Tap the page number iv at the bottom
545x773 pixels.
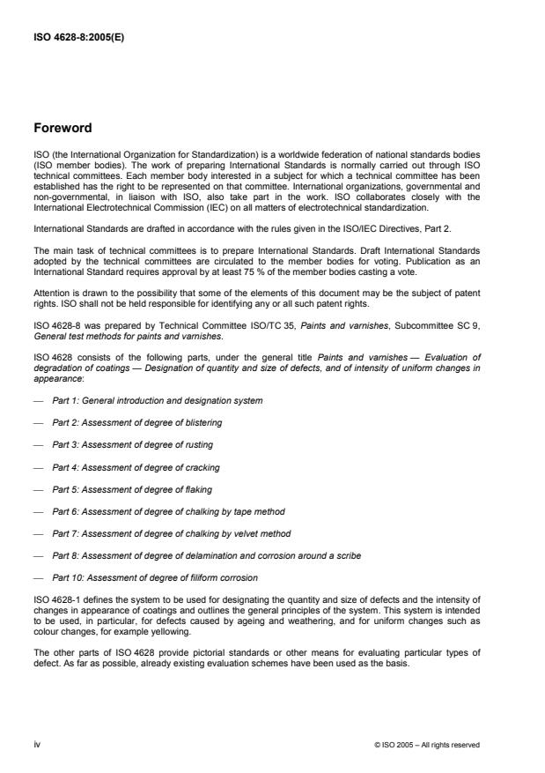(36, 745)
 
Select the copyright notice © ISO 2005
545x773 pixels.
(427, 745)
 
